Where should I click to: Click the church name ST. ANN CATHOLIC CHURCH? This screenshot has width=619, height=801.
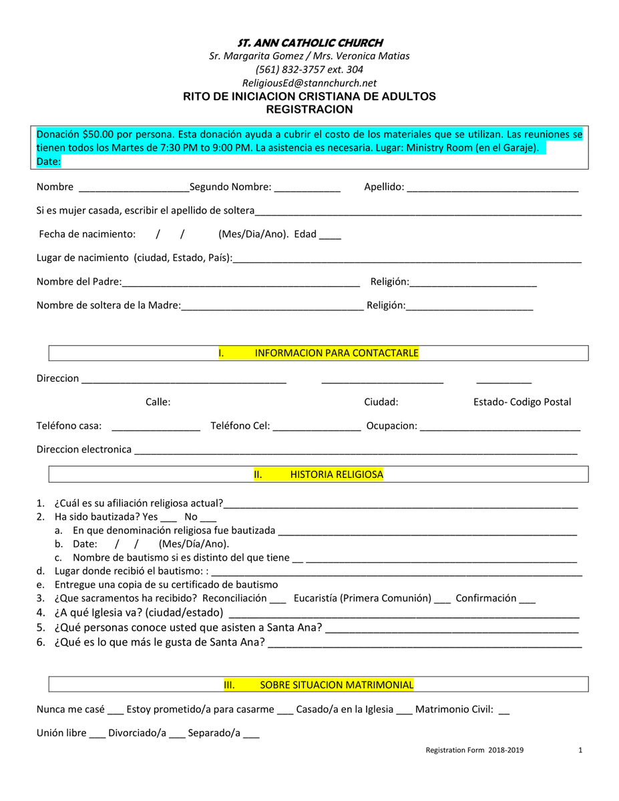(x=309, y=43)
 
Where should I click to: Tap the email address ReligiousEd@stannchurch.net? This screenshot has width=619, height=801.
(x=309, y=83)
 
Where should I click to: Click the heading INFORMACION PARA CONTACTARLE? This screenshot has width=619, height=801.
(x=337, y=353)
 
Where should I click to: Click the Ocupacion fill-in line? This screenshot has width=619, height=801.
(x=500, y=427)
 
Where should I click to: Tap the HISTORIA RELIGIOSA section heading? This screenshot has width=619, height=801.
(x=337, y=475)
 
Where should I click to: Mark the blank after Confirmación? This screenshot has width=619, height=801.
(x=527, y=599)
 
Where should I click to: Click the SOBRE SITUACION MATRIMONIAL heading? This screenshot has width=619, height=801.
(x=337, y=685)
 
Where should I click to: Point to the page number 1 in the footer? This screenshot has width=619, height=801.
(x=580, y=750)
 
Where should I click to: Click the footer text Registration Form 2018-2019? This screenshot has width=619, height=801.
(x=475, y=750)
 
